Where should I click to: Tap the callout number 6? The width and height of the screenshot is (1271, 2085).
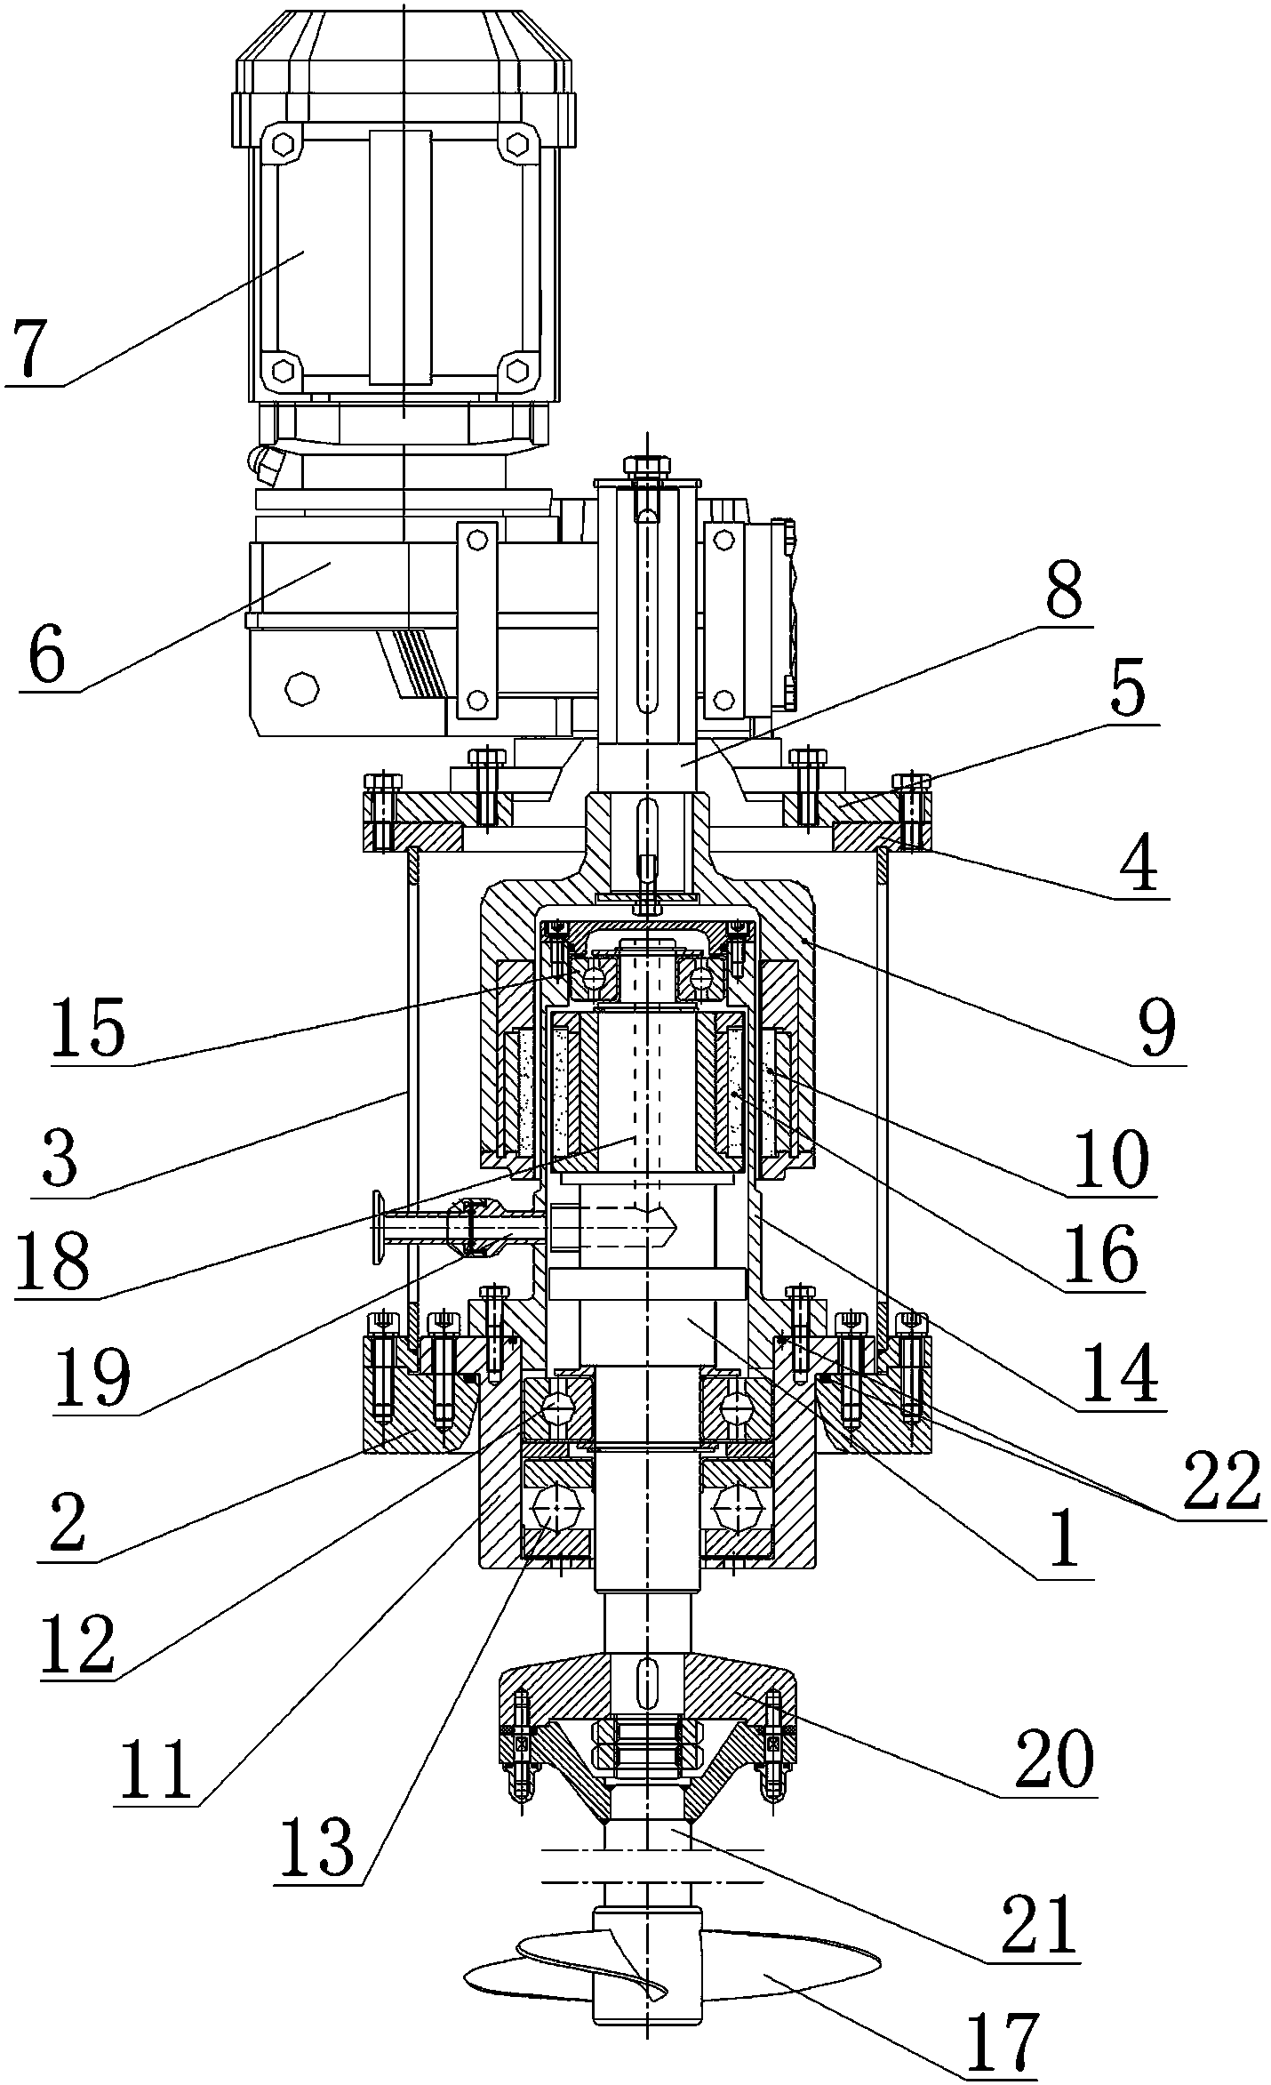tap(47, 656)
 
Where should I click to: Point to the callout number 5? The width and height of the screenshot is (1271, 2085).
tap(1127, 692)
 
